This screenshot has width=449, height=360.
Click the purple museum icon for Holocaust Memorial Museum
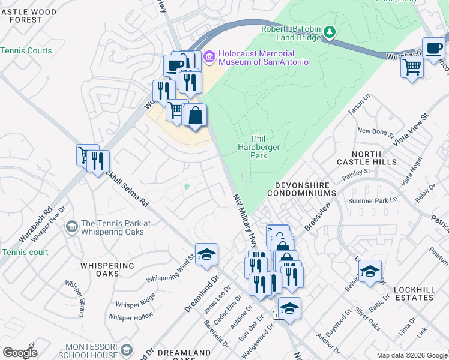(x=209, y=58)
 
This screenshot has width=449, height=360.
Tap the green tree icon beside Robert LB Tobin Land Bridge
(x=329, y=31)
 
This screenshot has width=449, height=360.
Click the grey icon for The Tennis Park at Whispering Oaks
(x=71, y=226)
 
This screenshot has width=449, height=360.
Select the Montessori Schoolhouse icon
(x=127, y=350)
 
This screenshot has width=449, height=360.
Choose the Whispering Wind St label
(x=171, y=269)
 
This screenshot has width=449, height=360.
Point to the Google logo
(x=20, y=353)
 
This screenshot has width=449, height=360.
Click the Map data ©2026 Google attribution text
(x=411, y=355)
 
